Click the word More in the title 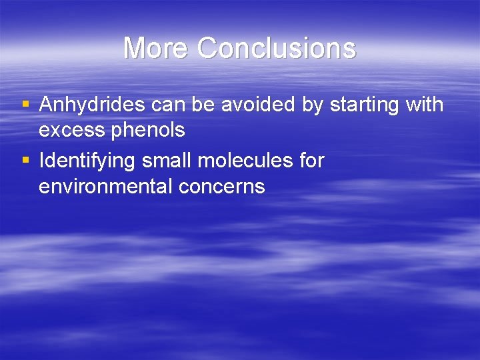(x=157, y=48)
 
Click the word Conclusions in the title (x=277, y=48)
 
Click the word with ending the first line (x=425, y=105)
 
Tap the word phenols (x=149, y=131)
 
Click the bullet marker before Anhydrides (x=25, y=105)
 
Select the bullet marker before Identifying (x=25, y=161)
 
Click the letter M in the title (x=136, y=48)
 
